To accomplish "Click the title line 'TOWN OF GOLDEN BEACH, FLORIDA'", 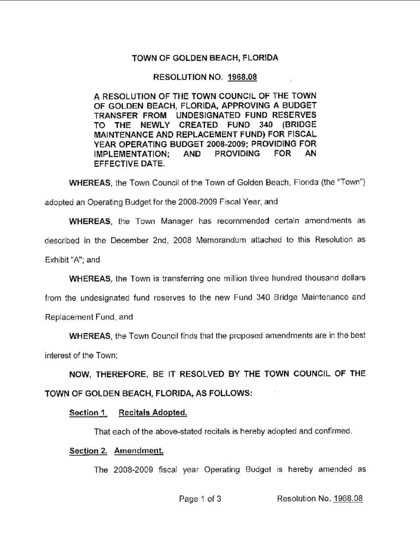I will pyautogui.click(x=205, y=57).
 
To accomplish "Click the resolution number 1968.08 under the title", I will pyautogui.click(x=242, y=77).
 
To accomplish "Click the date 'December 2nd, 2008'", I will pyautogui.click(x=144, y=240).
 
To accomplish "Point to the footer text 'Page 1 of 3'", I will pyautogui.click(x=200, y=499).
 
